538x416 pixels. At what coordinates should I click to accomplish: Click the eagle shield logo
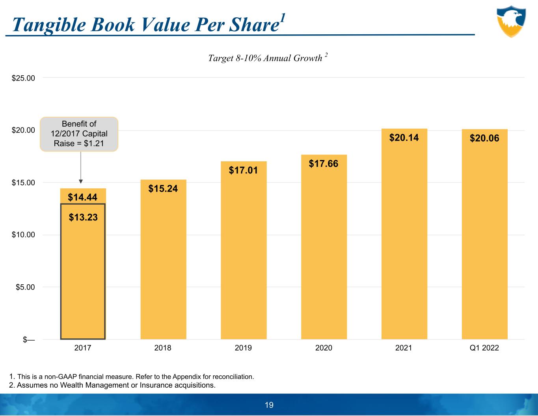511,21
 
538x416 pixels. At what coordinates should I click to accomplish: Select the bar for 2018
163,260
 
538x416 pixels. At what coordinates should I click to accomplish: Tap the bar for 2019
244,252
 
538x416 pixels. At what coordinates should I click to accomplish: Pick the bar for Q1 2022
484,237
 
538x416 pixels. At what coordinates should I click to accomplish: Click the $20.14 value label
404,138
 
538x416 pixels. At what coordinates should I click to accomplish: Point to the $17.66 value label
324,164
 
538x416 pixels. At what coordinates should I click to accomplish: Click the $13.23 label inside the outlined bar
83,217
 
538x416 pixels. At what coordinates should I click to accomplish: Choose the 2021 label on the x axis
404,348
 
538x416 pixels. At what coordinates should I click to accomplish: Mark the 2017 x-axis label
83,348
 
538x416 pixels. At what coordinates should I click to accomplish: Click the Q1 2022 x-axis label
484,348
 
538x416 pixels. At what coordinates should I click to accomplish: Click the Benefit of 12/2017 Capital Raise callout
79,134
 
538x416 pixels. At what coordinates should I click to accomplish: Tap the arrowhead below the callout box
81,181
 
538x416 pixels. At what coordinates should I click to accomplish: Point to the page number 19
269,405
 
